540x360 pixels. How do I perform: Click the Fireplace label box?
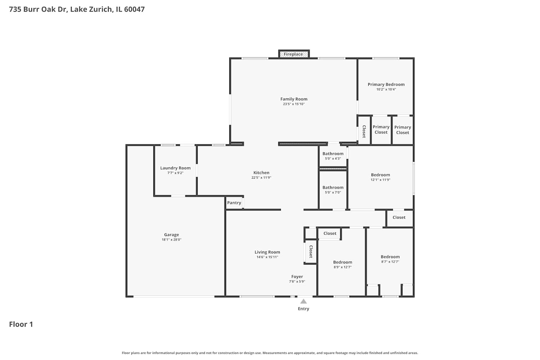294,54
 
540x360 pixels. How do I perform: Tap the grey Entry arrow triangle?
303,301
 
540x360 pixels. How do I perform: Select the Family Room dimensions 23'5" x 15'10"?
294,104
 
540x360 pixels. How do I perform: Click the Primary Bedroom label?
386,84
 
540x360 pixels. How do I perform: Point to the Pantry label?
234,203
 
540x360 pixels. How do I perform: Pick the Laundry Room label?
176,168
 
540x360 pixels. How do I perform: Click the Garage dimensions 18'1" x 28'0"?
171,240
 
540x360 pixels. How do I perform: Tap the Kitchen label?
261,173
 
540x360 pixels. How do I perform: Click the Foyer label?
297,276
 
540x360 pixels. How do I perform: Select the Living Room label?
267,252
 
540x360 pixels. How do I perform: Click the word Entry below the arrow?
303,309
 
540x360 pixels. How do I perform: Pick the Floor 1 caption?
21,324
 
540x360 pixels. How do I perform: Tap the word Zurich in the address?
100,9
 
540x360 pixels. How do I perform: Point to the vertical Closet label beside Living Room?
311,252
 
